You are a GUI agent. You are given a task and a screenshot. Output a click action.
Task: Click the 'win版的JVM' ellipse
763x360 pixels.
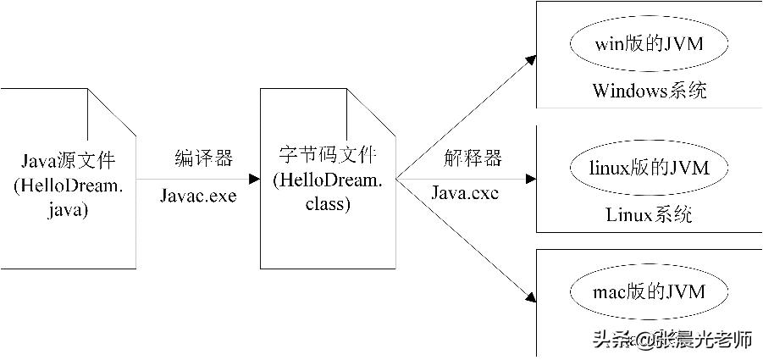click(649, 44)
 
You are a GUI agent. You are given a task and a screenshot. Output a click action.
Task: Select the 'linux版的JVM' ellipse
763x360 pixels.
click(649, 169)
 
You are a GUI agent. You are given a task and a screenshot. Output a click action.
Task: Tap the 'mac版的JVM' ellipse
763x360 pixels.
click(649, 292)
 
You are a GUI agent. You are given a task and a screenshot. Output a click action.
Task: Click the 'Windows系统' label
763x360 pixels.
click(649, 91)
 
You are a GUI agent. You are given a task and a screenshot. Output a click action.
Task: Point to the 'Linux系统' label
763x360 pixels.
click(649, 215)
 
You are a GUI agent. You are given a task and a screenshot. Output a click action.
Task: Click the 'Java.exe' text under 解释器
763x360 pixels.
click(465, 194)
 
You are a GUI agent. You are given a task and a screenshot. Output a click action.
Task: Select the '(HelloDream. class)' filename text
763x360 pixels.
click(329, 192)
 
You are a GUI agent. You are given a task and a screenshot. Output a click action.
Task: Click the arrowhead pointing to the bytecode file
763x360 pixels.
click(254, 180)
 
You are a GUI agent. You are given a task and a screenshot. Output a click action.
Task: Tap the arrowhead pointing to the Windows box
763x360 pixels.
click(530, 59)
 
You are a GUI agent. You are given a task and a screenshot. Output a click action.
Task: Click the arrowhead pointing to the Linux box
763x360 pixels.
click(531, 180)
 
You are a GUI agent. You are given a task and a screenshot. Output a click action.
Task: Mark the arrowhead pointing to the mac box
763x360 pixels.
click(530, 297)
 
